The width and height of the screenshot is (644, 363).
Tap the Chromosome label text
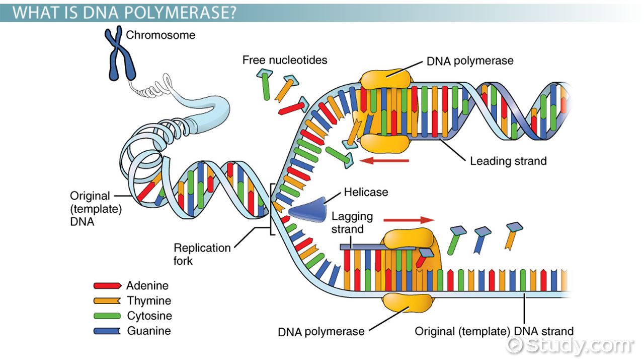(x=160, y=35)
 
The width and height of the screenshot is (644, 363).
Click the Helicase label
(x=366, y=192)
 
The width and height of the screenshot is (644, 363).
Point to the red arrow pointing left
(x=385, y=161)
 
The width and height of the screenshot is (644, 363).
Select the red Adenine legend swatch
(x=107, y=285)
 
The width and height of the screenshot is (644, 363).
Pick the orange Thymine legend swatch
(x=107, y=301)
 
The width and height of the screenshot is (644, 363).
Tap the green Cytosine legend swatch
(x=107, y=316)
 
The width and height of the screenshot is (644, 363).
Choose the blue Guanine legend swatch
(x=107, y=331)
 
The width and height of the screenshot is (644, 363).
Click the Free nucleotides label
(x=285, y=60)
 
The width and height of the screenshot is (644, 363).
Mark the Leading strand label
(x=508, y=161)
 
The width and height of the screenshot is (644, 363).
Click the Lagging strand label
(x=352, y=222)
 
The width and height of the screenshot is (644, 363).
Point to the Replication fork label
(x=202, y=254)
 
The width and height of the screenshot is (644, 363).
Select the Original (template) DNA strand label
(x=494, y=331)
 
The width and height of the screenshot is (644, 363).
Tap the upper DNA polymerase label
(x=470, y=61)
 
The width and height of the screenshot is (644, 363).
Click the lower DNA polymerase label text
(x=321, y=332)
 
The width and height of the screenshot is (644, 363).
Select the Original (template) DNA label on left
(x=96, y=208)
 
